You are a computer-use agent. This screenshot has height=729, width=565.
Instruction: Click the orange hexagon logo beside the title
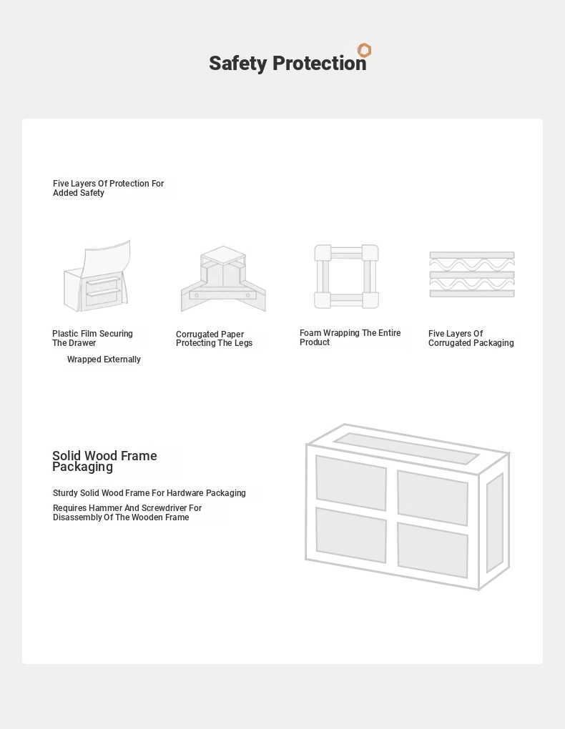coord(365,50)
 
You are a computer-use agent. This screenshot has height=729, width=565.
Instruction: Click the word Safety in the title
coord(238,64)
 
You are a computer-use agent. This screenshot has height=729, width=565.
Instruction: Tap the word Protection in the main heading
coord(319,63)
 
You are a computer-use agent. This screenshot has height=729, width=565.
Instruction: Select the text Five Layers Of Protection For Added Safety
coord(108,188)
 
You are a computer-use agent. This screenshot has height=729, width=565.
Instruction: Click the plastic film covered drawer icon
coord(97,276)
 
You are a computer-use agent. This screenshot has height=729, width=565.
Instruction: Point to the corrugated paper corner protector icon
coord(223,279)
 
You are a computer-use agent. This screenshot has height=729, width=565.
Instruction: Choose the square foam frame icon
coord(346,276)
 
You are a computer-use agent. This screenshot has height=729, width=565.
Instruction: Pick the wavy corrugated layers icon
coord(472,274)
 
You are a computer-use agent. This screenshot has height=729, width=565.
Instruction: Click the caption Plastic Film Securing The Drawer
coord(92,338)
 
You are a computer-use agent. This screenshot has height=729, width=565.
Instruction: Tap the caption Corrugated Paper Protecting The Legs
coord(214,339)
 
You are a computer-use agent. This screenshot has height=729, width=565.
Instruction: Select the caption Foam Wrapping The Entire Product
coord(350,337)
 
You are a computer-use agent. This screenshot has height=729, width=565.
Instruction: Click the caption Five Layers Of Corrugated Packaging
coord(471,338)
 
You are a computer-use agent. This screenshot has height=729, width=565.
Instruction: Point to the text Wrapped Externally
coord(104,359)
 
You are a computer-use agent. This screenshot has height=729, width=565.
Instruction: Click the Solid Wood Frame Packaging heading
coord(104,461)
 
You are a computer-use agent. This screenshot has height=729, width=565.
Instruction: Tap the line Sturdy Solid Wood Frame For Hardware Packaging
coord(149,493)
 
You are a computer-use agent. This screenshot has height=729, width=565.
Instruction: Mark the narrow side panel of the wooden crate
coord(495,523)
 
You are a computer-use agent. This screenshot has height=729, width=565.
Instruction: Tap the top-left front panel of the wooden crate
coord(351,482)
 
